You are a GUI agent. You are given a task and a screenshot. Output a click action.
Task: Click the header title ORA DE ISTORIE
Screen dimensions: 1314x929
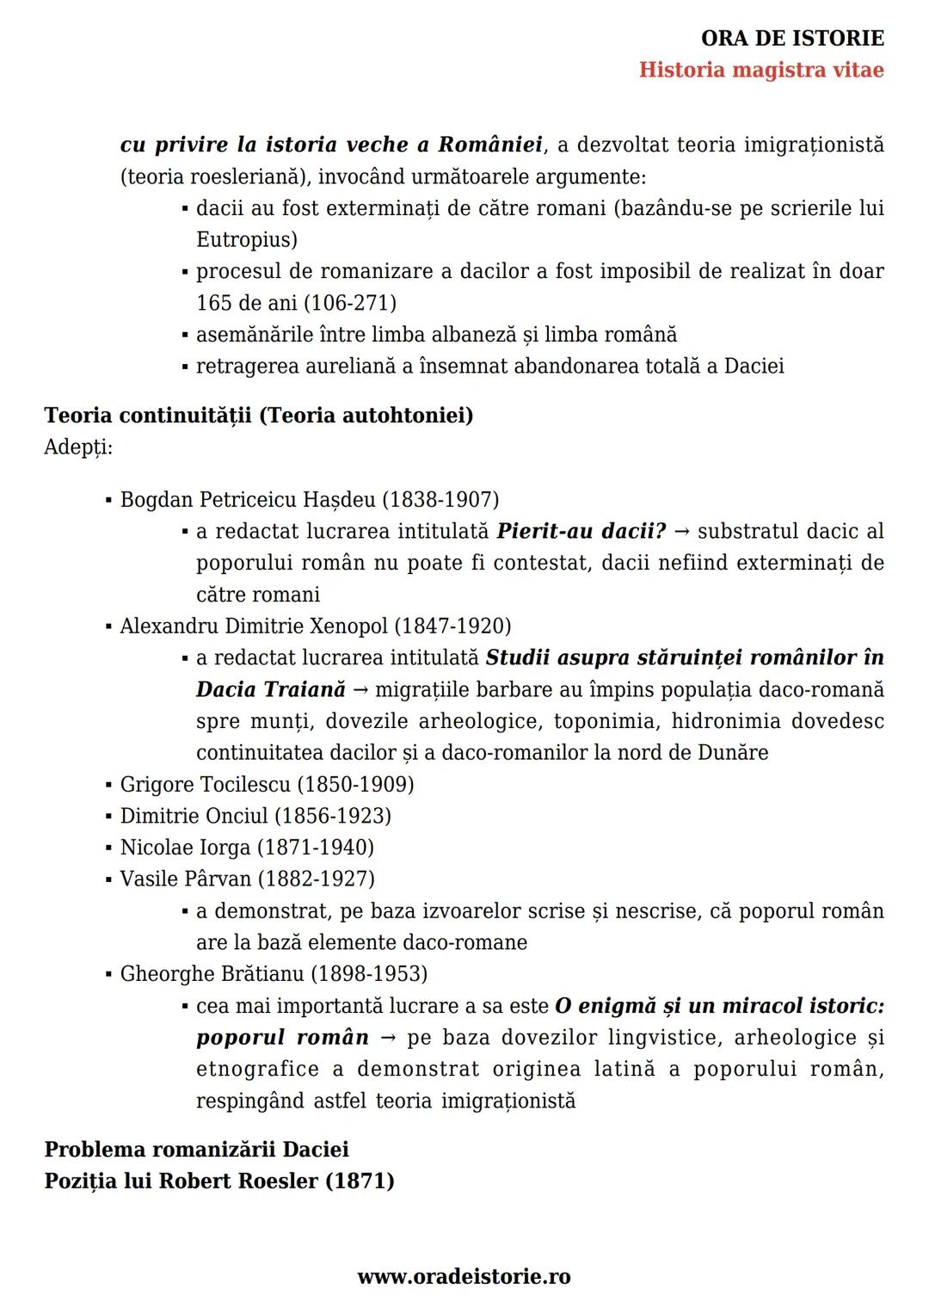(792, 38)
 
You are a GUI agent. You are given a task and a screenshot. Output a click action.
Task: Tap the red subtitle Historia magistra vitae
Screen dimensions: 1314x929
(761, 70)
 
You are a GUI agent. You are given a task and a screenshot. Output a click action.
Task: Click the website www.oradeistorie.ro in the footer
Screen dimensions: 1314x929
(464, 1276)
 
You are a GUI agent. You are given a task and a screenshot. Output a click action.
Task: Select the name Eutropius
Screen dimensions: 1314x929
(247, 239)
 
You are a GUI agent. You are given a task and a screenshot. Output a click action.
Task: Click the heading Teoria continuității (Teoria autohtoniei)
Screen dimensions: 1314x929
(258, 416)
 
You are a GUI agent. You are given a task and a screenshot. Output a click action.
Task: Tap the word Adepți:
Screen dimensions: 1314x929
(78, 447)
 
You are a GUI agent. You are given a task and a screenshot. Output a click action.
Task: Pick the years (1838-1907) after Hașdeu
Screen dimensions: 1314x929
(440, 500)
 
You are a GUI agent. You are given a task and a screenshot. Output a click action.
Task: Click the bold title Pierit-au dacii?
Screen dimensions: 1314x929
(581, 531)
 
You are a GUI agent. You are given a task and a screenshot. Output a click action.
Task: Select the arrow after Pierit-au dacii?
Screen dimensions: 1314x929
(682, 532)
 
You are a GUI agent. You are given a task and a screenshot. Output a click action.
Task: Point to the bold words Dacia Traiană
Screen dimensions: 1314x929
(270, 689)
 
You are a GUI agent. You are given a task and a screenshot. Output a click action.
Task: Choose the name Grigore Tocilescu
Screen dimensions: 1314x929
(205, 785)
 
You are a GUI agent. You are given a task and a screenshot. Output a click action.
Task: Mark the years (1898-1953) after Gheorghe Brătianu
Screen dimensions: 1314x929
(369, 974)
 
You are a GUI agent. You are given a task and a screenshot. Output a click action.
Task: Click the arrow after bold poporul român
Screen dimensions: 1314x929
(388, 1039)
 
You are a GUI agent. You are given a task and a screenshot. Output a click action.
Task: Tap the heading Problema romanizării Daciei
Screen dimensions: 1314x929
(196, 1150)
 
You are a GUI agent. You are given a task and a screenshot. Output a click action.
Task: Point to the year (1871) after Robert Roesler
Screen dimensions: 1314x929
(360, 1181)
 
